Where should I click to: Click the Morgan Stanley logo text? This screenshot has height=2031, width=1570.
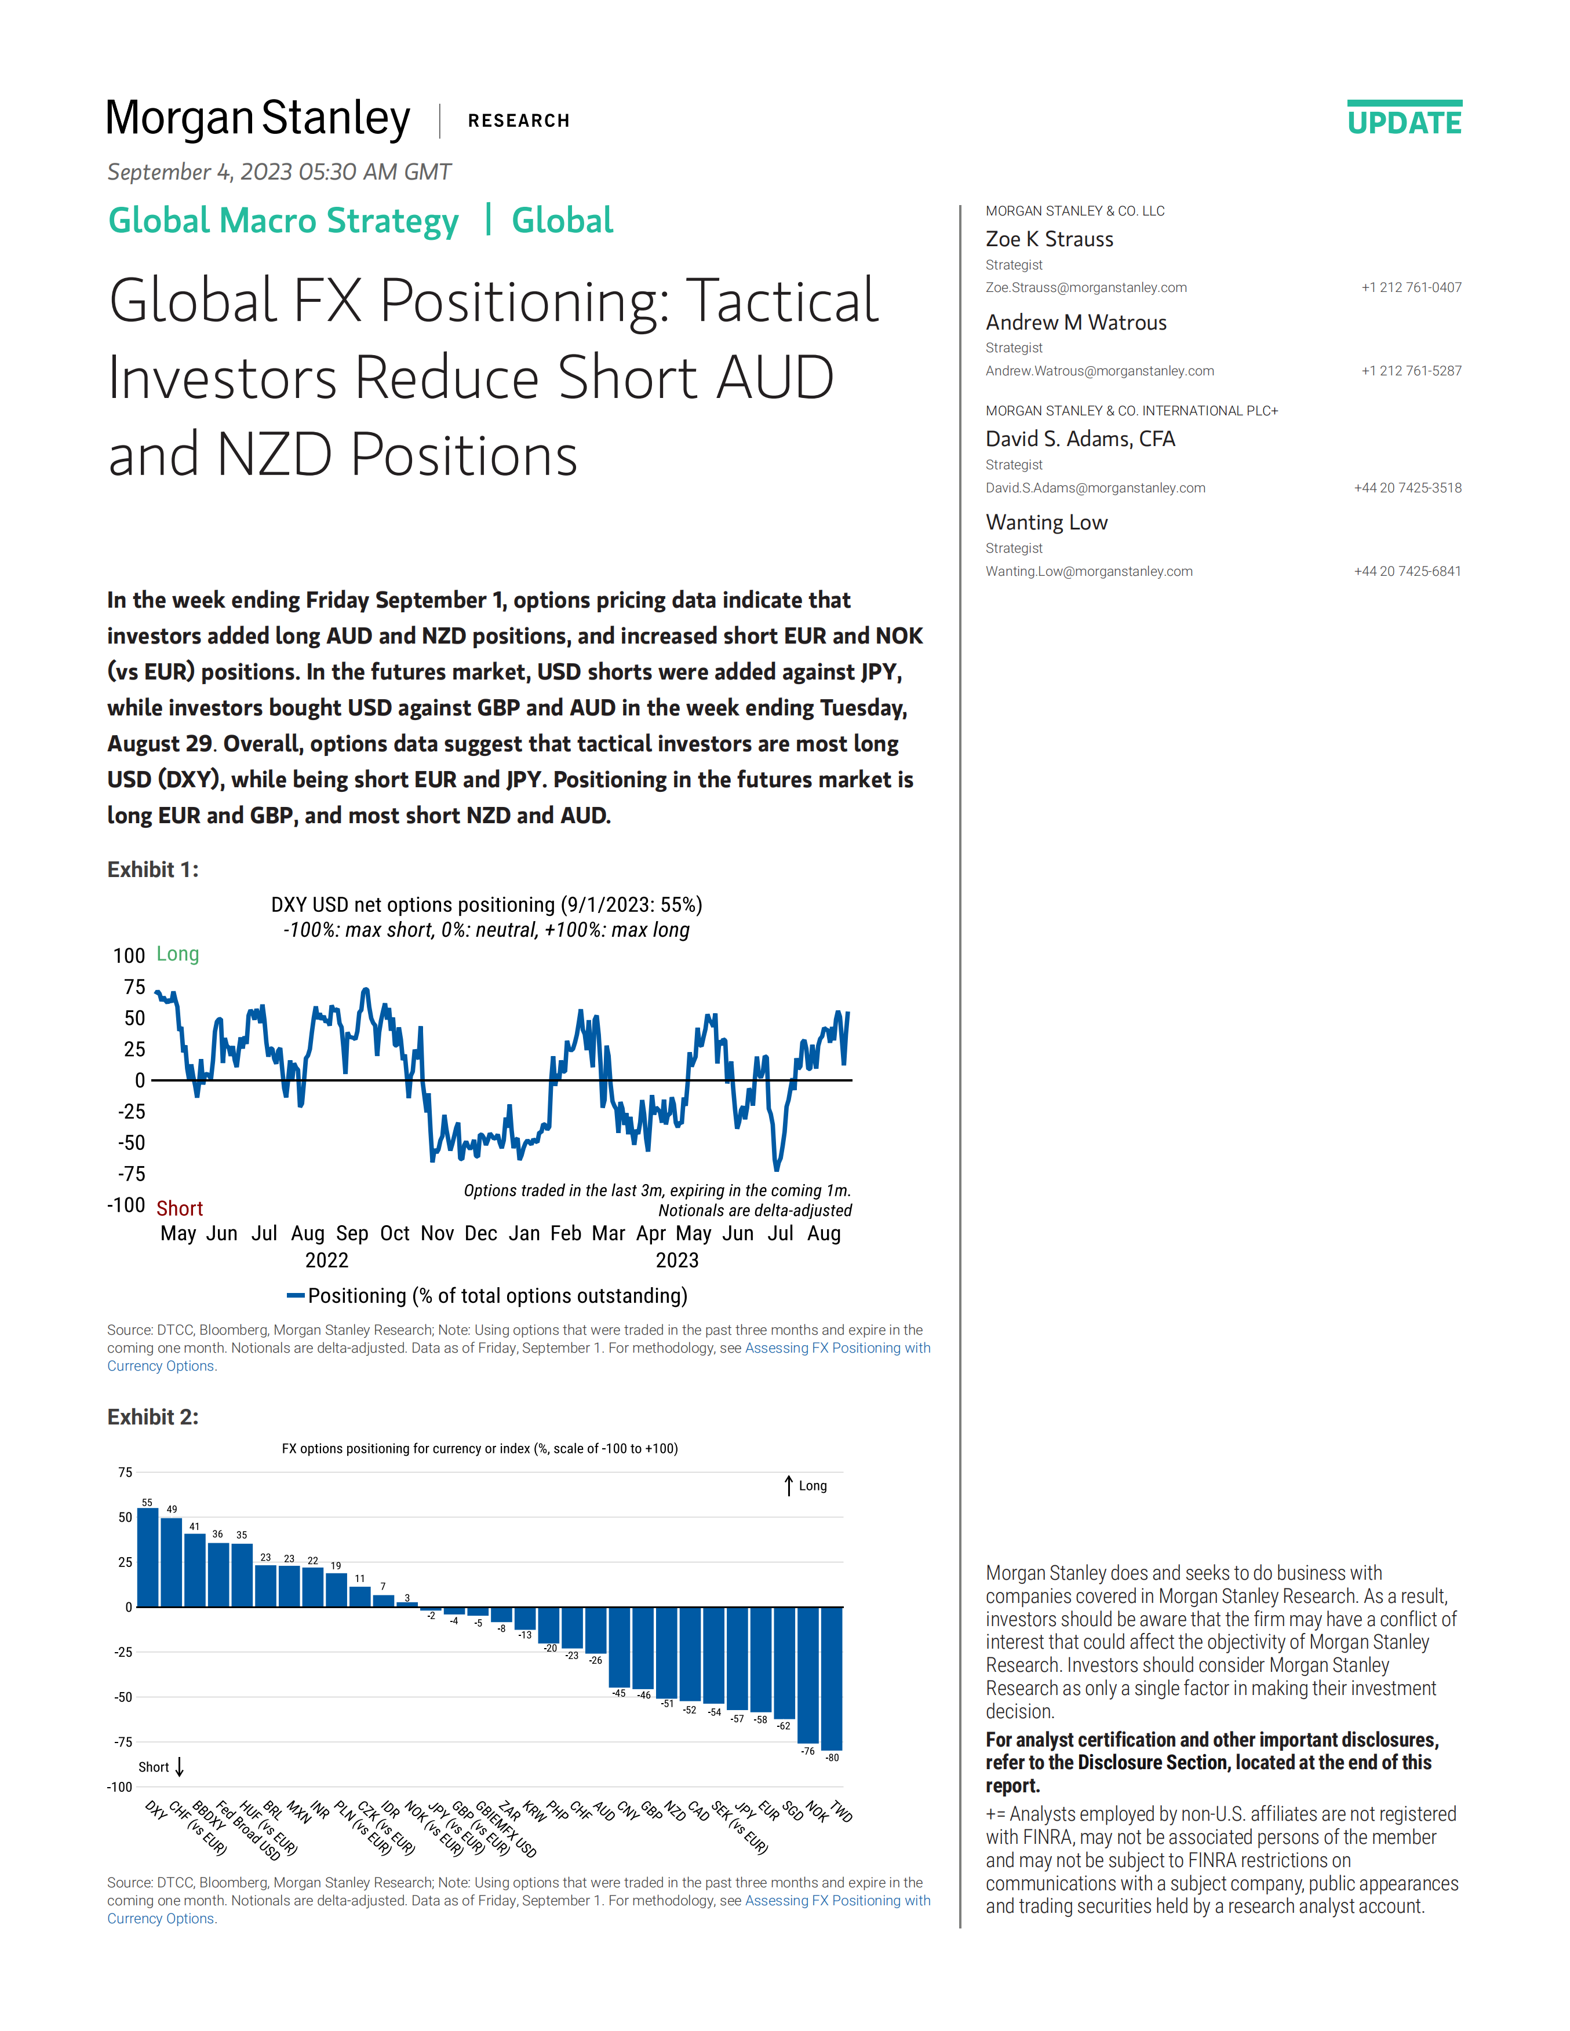pos(258,120)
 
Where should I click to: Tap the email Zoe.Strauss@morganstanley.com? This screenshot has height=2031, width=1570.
pos(1085,287)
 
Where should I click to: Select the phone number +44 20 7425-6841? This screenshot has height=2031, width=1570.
pos(1407,571)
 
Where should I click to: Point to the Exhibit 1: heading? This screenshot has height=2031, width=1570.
pos(152,870)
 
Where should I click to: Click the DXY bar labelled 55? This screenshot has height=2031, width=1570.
pos(148,1558)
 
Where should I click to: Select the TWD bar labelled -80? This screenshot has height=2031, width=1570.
pos(832,1679)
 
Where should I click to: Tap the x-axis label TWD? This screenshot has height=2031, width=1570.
pos(841,1811)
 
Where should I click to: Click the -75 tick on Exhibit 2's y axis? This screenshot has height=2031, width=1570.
pos(123,1742)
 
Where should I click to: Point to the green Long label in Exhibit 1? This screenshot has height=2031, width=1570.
pos(178,954)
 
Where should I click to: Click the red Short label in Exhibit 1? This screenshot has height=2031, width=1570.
pos(180,1208)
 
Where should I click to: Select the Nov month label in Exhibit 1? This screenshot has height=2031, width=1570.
pos(437,1233)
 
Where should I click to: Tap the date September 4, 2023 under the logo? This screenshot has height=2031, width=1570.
pos(279,172)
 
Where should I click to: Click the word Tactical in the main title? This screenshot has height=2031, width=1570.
pos(781,301)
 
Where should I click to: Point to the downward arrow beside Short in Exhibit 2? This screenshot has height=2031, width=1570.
pos(180,1767)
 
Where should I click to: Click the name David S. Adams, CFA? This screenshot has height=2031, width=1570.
pos(1080,439)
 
